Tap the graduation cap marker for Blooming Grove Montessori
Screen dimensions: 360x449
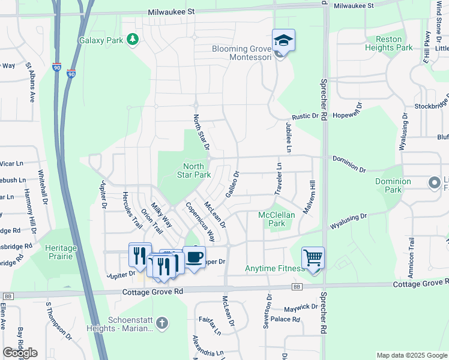coord(283,41)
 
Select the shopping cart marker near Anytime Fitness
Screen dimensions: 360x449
coord(313,259)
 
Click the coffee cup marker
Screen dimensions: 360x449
coord(194,258)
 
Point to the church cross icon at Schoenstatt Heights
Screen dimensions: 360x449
coord(161,324)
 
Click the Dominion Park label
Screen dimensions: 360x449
coord(393,185)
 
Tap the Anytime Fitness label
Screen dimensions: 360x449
coord(274,268)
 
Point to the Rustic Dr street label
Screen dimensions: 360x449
coord(305,116)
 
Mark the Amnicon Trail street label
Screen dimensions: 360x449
coord(411,251)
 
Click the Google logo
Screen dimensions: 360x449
coord(20,353)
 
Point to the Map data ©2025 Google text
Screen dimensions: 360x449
coord(411,355)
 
